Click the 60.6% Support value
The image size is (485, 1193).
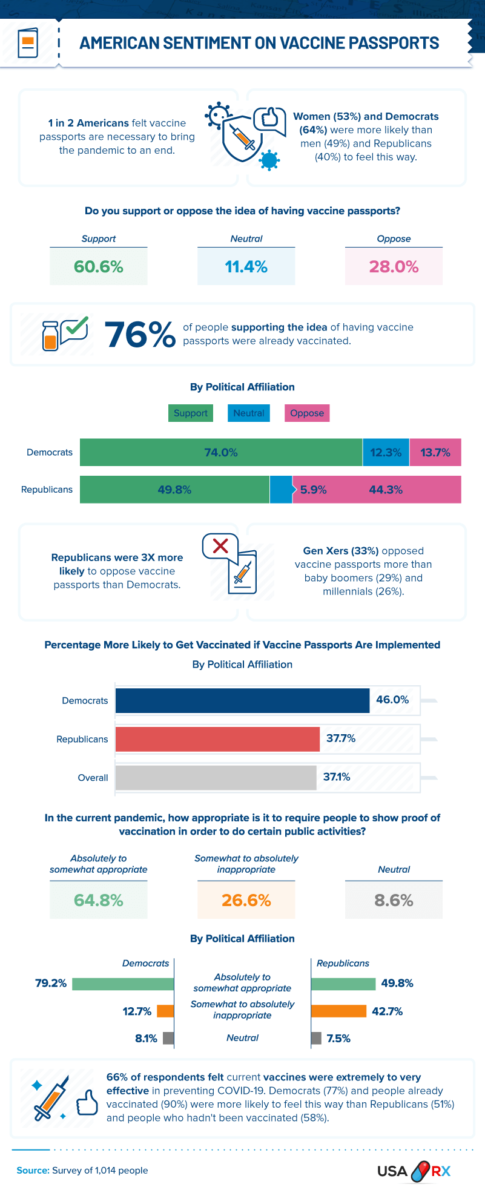99,267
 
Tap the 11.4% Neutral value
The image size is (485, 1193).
246,267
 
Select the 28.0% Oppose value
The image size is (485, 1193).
394,267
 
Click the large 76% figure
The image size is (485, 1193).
140,335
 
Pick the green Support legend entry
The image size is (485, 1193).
191,413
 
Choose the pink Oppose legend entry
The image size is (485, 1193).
307,413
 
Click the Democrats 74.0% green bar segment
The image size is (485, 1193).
221,453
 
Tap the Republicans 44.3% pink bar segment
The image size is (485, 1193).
386,490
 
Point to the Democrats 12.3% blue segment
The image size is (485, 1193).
386,453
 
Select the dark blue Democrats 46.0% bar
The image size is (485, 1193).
242,700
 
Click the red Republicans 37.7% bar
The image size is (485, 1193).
217,739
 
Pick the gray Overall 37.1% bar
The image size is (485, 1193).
216,778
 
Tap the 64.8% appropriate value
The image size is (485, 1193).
99,901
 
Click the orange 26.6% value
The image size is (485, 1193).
246,901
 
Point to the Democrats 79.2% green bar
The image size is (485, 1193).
123,984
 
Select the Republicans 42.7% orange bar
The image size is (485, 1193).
338,1011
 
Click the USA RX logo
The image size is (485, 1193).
414,1171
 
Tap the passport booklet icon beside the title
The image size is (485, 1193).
28,43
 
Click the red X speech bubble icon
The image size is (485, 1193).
220,546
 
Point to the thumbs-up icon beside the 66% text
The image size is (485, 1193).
87,1103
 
